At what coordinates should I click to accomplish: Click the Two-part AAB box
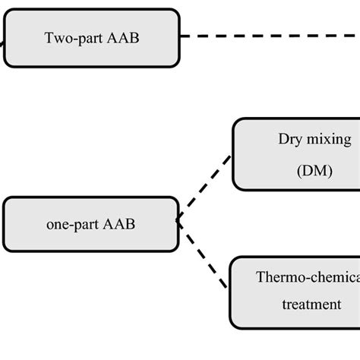(91, 37)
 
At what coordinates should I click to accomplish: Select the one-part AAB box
(91, 224)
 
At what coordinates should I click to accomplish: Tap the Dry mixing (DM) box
(296, 154)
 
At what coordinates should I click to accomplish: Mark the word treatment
(311, 305)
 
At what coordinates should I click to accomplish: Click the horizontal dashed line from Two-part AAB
(266, 36)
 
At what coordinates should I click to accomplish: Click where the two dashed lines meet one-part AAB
(180, 221)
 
